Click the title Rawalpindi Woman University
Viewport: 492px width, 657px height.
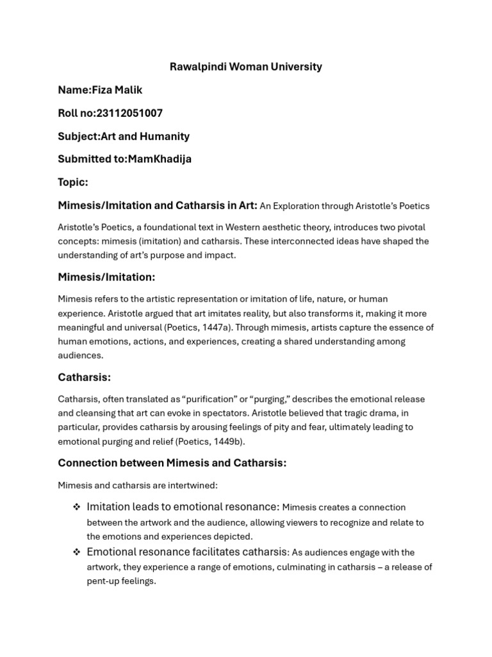coord(246,67)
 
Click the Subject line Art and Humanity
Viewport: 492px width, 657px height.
coord(145,136)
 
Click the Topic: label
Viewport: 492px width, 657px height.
coord(73,182)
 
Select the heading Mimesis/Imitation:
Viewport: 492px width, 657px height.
coord(106,277)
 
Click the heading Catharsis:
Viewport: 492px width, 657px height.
coord(84,377)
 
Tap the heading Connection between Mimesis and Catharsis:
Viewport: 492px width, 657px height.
coord(172,463)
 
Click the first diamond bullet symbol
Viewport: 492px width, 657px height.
coord(76,507)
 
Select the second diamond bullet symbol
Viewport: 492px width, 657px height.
coord(76,552)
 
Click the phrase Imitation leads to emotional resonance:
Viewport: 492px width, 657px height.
coord(183,507)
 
